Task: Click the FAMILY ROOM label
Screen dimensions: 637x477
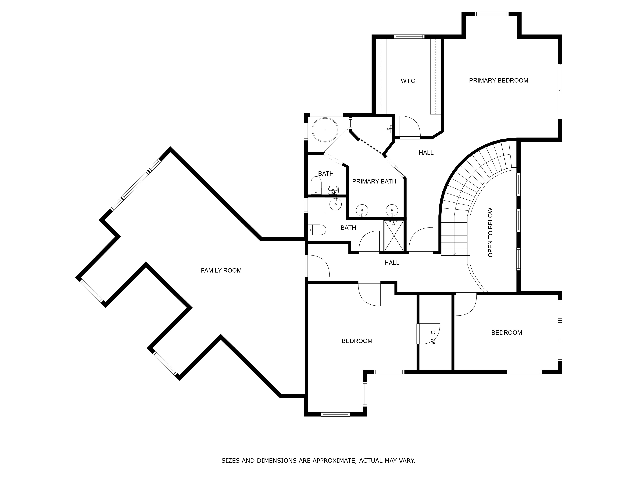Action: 221,271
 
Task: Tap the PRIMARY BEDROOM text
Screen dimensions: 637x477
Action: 498,80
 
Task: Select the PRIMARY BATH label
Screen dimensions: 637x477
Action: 374,181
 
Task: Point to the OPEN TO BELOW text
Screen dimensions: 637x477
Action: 490,232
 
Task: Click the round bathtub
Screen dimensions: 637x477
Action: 325,130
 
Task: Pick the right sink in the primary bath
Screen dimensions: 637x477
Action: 392,210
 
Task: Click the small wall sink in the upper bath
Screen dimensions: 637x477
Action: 333,190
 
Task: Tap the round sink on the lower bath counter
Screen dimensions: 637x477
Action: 336,204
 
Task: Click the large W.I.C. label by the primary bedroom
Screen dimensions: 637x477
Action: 409,81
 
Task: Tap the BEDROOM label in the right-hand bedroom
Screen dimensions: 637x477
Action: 507,333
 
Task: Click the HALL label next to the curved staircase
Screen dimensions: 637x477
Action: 426,153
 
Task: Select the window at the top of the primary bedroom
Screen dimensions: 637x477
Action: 492,14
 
